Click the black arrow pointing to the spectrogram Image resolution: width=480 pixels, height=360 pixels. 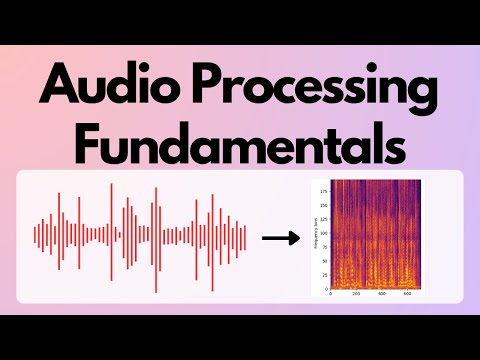(x=281, y=238)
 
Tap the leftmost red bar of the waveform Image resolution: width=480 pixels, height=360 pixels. (x=35, y=237)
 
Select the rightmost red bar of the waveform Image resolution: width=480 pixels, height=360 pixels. (x=245, y=237)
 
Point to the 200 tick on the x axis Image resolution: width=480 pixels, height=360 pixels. (x=357, y=296)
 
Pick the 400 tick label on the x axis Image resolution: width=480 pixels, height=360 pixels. (x=383, y=296)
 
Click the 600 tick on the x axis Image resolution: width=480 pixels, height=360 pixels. (x=409, y=296)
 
